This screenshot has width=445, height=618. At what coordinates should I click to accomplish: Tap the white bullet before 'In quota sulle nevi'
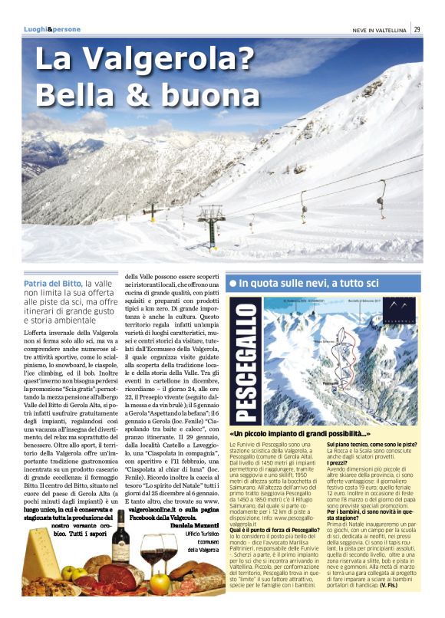pyautogui.click(x=232, y=284)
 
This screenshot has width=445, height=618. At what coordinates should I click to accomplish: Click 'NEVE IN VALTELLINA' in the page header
pyautogui.click(x=375, y=29)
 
